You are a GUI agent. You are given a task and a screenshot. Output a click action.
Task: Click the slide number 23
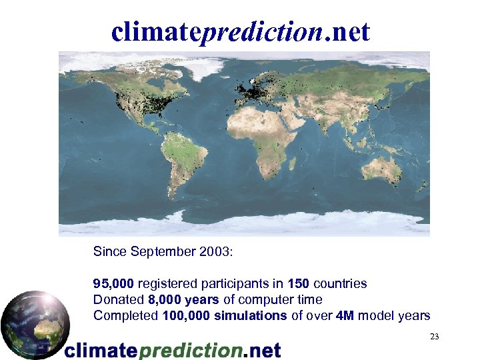coord(434,337)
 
